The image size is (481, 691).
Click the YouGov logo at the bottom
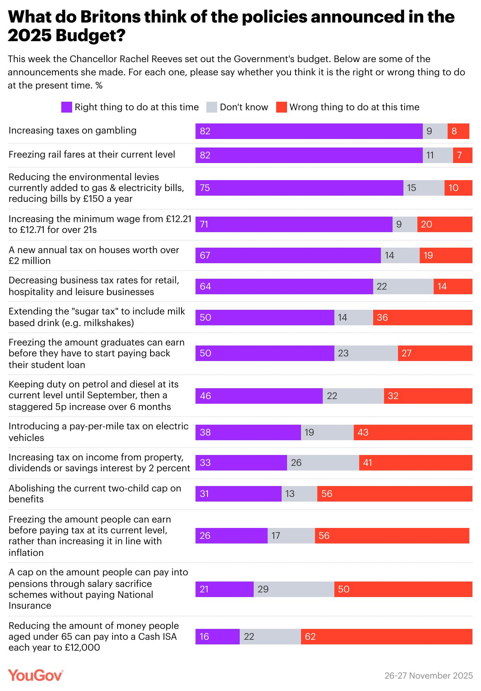[x=35, y=675]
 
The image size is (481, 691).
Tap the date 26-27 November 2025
[x=428, y=675]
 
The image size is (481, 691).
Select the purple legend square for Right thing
[x=67, y=107]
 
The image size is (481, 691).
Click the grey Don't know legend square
[x=211, y=107]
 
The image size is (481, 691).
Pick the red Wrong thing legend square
[x=281, y=107]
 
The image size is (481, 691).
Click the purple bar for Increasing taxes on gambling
[x=309, y=131]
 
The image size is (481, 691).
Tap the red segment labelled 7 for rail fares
[x=462, y=155]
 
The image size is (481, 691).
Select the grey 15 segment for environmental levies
[x=424, y=188]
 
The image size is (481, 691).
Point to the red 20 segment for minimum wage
[x=445, y=224]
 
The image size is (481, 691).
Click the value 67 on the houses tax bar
[x=205, y=255]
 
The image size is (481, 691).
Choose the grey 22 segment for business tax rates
[x=403, y=286]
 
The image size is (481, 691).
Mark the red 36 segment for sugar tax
[x=422, y=318]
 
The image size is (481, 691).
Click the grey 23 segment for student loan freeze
[x=366, y=353]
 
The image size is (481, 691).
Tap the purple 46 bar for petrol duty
[x=259, y=396]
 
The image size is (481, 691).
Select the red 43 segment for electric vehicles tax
[x=413, y=432]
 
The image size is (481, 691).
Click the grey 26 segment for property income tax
[x=323, y=463]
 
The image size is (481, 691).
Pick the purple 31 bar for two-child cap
[x=238, y=494]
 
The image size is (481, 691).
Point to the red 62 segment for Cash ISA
[x=386, y=637]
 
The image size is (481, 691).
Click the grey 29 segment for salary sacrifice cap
[x=294, y=589]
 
